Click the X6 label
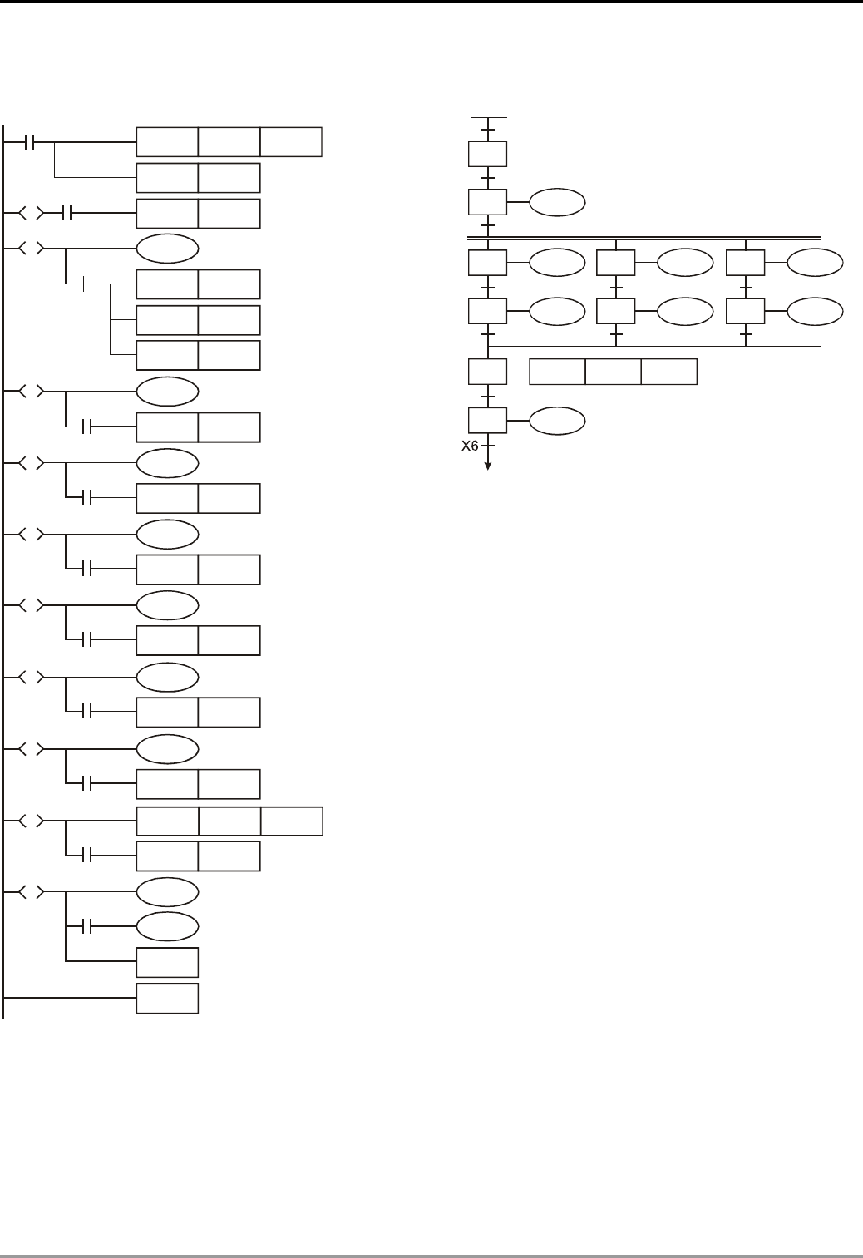470,446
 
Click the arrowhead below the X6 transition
487,466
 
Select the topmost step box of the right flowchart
487,155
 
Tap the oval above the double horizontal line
558,203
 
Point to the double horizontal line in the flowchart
644,238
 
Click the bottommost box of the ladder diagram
167,998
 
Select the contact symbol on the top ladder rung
31,142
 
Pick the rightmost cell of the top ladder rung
291,142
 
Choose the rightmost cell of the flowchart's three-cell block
669,372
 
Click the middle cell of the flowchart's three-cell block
613,372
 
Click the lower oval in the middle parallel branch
685,312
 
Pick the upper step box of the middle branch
616,264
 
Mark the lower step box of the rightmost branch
746,312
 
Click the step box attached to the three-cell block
487,372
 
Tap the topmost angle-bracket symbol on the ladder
31,214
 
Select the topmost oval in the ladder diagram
167,249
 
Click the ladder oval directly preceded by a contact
167,926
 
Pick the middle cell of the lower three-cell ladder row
229,821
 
